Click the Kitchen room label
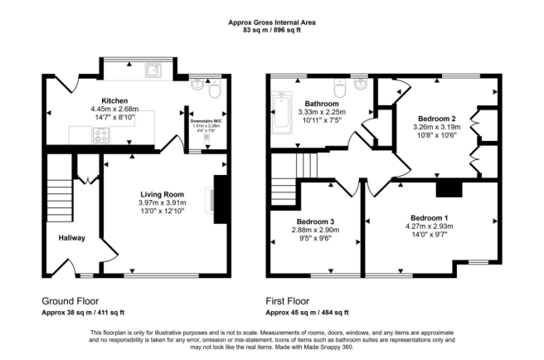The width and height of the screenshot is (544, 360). point(114,100)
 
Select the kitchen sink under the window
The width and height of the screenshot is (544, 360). point(153,71)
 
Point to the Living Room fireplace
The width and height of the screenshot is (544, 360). point(221,199)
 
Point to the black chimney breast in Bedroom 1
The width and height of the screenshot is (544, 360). point(449,189)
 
